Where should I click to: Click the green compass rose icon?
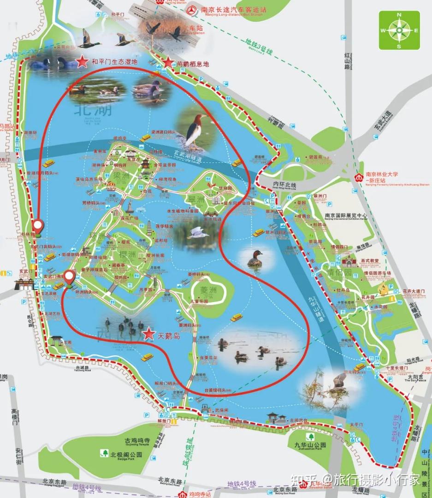point(399,30)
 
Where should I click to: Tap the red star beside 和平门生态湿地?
point(82,61)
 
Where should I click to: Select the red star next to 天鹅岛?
point(148,334)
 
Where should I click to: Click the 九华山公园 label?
point(310,445)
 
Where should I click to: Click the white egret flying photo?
point(199,233)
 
